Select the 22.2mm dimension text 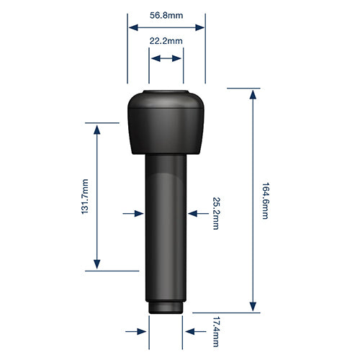pos(166,42)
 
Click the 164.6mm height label pos(265,201)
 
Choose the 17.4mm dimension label pos(215,330)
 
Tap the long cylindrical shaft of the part pos(166,230)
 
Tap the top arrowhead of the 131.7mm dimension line pos(97,127)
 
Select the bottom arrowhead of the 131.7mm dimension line pos(97,266)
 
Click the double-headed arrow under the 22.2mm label pos(166,61)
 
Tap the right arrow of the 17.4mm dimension pos(192,331)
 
